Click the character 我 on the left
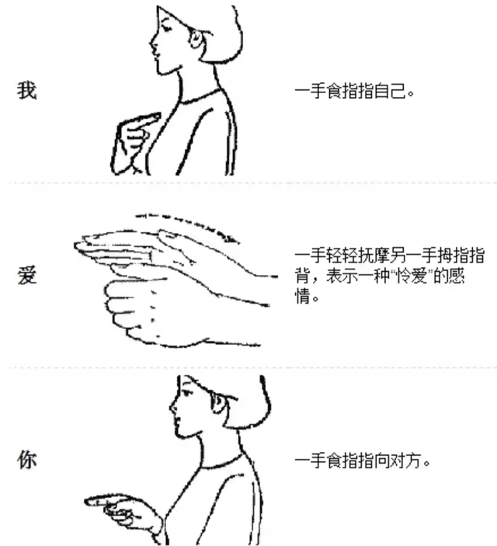coord(27,91)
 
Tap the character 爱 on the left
coord(27,275)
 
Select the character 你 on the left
coord(27,460)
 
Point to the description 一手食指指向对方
coord(362,461)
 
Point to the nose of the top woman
coord(152,43)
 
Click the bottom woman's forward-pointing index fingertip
coord(87,502)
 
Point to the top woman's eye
coord(165,28)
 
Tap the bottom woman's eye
coord(187,393)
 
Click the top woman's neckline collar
coord(201,99)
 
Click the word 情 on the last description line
coord(302,297)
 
